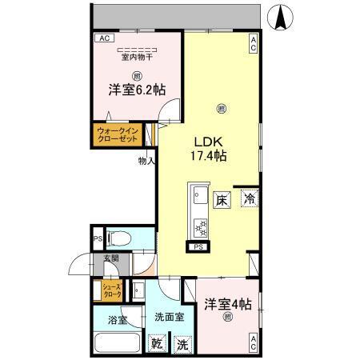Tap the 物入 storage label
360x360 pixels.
pos(146,160)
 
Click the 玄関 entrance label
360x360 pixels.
pos(109,258)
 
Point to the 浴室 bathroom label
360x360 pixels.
pos(118,320)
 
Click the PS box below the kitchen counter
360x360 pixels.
pos(197,247)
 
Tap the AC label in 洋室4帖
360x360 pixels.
pos(253,342)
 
